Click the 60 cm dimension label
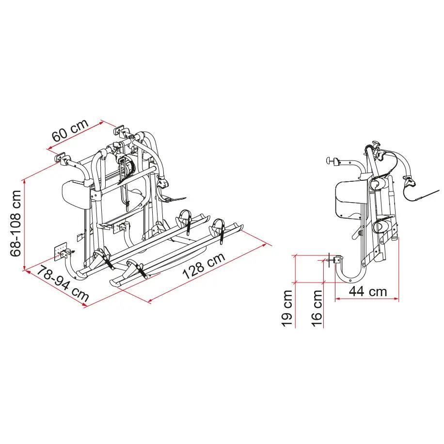[x=70, y=130]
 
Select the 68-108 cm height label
[x=16, y=223]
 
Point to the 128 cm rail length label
[x=204, y=266]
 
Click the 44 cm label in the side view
[x=368, y=291]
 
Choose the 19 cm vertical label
[x=287, y=308]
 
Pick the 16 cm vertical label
[x=317, y=308]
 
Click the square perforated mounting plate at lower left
[x=61, y=251]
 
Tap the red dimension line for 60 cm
[x=75, y=135]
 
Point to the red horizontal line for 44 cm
[x=367, y=298]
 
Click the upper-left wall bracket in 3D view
[x=61, y=158]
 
